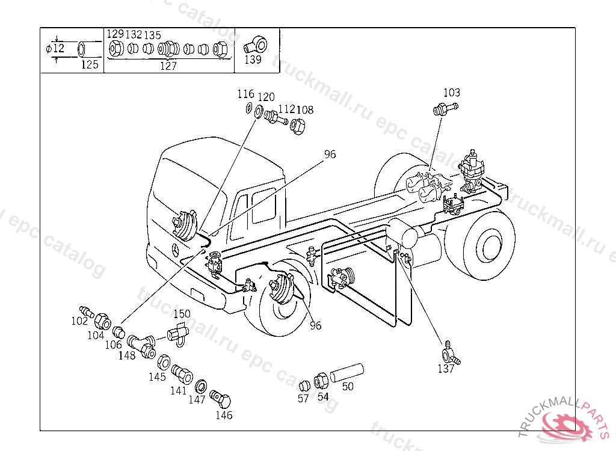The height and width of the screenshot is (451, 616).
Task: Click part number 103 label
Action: [x=452, y=93]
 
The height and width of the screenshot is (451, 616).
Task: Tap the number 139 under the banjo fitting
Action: [x=253, y=60]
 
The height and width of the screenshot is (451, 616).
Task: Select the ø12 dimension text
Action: [x=55, y=48]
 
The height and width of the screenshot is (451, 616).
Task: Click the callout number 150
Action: [x=182, y=314]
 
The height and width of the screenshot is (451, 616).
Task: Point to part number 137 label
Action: [x=446, y=369]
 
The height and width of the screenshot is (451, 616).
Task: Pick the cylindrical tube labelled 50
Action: [x=347, y=372]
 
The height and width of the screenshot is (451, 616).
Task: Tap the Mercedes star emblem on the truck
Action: [x=175, y=250]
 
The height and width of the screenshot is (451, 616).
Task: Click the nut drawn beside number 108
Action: [x=297, y=125]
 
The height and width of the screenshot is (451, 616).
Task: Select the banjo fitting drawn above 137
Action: [x=451, y=354]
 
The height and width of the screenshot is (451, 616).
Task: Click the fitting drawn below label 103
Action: [x=445, y=108]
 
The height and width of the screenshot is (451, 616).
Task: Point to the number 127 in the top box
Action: [x=168, y=66]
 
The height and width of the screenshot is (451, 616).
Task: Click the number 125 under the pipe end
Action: [x=90, y=64]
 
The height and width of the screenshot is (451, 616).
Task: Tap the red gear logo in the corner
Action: [x=566, y=426]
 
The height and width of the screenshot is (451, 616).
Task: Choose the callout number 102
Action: [x=79, y=321]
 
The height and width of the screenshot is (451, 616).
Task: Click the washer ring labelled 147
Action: [x=201, y=387]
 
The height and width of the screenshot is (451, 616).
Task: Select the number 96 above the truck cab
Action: [x=330, y=155]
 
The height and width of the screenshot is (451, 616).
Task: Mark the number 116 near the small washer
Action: [x=246, y=94]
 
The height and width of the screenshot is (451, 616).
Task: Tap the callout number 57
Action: [x=303, y=398]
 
